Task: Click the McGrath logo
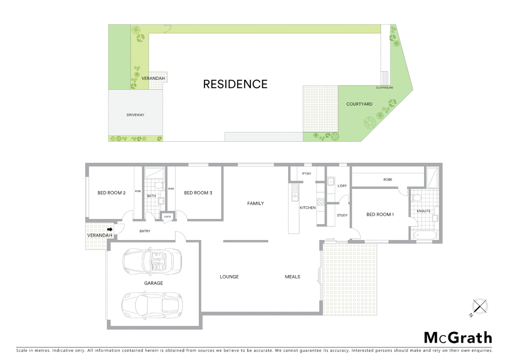[x=458, y=338]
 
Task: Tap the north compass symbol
[x=479, y=307]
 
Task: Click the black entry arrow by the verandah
[x=110, y=229]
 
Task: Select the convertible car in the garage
[x=152, y=261]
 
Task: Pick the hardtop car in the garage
[x=152, y=305]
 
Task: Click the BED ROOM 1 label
[x=380, y=214]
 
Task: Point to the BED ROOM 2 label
[x=111, y=193]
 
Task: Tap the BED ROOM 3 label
[x=198, y=193]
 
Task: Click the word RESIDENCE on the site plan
[x=235, y=84]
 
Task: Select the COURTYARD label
[x=359, y=104]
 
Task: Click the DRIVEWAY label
[x=135, y=115]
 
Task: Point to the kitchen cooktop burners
[x=320, y=202]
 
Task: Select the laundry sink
[x=330, y=182]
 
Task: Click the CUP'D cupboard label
[x=167, y=217]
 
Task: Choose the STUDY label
[x=342, y=215]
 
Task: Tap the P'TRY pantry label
[x=306, y=174]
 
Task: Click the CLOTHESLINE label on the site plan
[x=384, y=88]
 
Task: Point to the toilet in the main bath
[x=159, y=185]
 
